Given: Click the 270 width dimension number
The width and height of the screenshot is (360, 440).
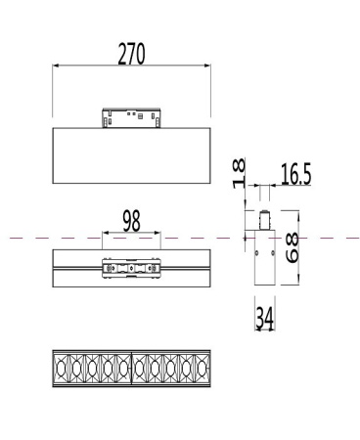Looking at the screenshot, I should click(132, 54).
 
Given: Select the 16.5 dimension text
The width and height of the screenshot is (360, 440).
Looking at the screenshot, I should click(295, 175).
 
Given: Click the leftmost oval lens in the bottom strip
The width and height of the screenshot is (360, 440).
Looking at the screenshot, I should click(61, 368).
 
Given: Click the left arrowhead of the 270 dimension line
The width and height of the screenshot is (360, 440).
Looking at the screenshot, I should click(55, 66).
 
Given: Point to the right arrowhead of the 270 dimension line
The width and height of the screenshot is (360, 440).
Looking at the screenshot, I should click(209, 66).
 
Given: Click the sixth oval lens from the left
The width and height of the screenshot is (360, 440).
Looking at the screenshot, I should click(141, 368).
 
